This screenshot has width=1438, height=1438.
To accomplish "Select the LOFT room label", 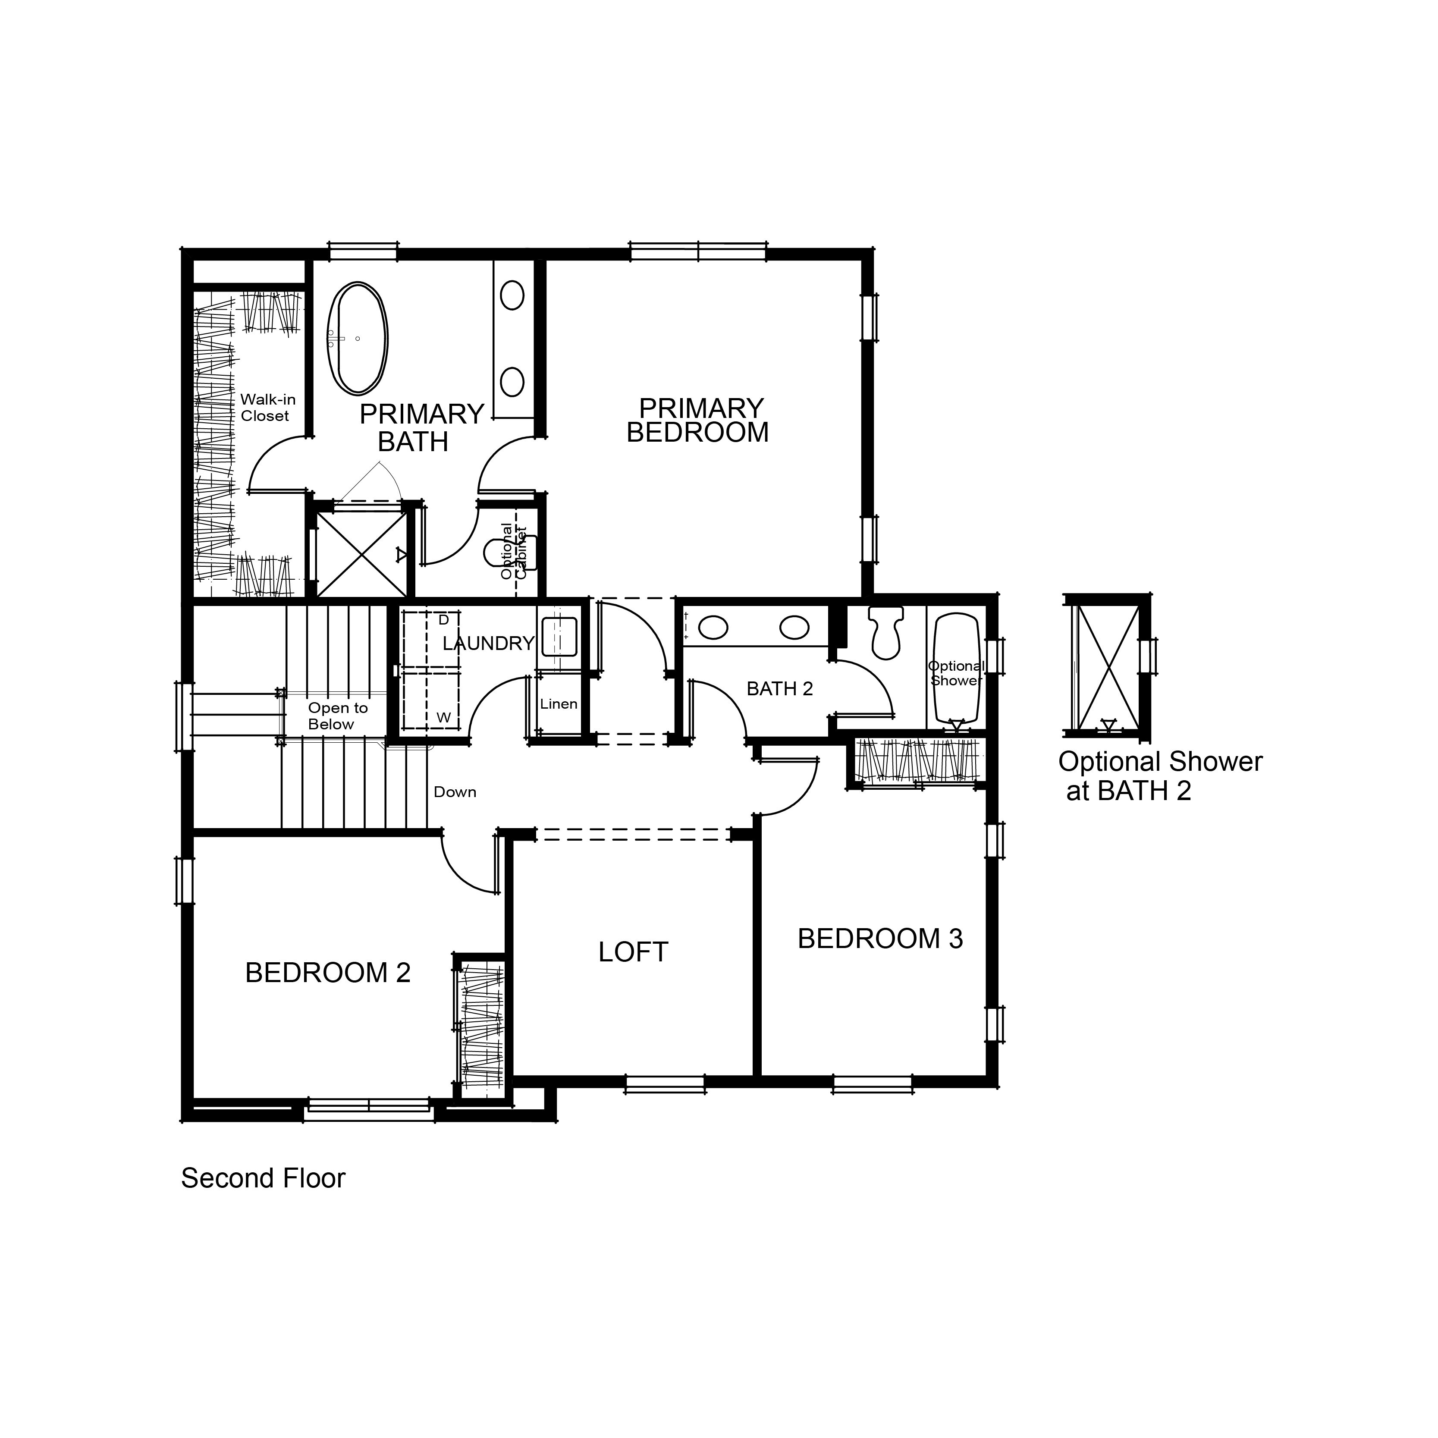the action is [x=634, y=952].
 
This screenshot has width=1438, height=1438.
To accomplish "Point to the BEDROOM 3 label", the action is [x=880, y=939].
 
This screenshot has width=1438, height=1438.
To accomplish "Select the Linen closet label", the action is [x=558, y=704].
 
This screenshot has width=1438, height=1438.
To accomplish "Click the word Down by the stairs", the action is [x=455, y=792].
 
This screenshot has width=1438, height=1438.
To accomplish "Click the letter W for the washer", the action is [x=444, y=718].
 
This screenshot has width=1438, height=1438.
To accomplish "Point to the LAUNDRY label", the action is [x=488, y=643].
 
